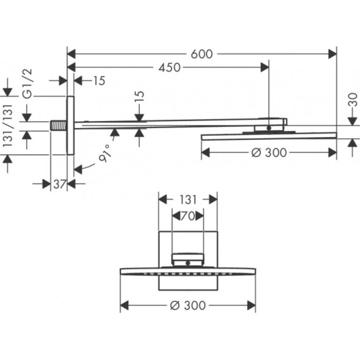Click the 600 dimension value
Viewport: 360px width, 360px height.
point(201,54)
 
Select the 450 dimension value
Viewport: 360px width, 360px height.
point(170,68)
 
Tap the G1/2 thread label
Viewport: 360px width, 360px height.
point(28,84)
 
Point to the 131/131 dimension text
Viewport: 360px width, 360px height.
point(8,125)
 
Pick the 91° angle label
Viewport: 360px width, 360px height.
point(105,153)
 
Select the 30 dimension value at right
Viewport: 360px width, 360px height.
point(352,100)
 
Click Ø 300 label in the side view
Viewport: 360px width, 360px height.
point(269,152)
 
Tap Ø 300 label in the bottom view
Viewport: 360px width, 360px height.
point(188,305)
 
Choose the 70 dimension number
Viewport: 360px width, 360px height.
point(188,216)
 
